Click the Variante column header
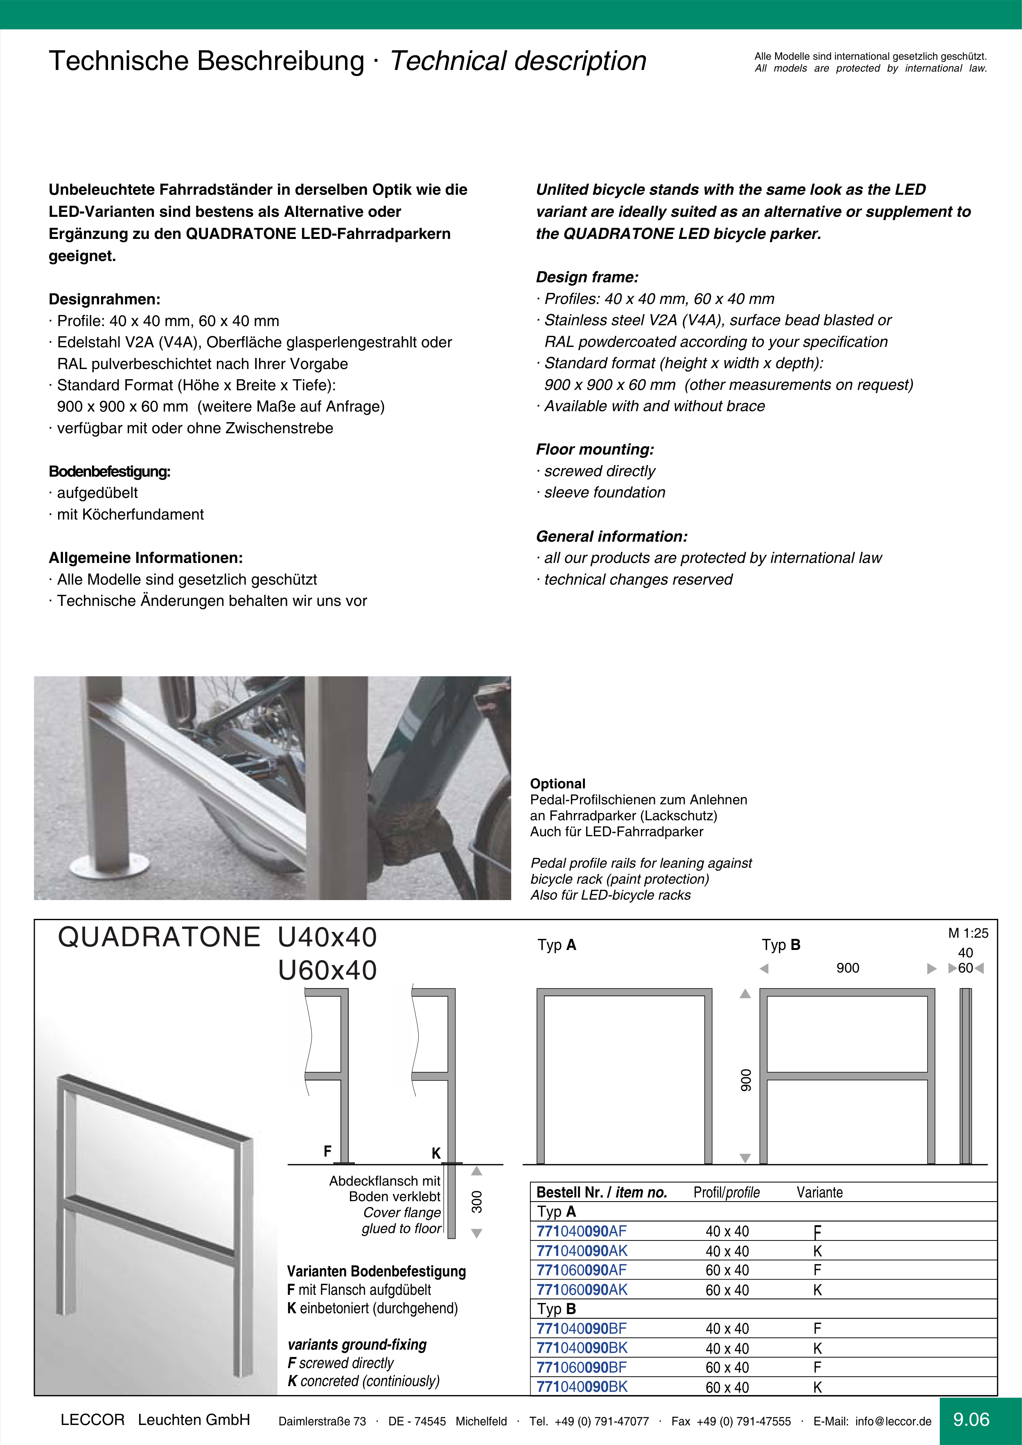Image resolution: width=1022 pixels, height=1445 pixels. [x=819, y=1192]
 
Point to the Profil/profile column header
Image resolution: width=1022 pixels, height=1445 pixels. [x=726, y=1192]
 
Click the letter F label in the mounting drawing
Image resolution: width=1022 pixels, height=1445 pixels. [x=327, y=1151]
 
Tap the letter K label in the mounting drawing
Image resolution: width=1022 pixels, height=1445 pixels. [x=436, y=1153]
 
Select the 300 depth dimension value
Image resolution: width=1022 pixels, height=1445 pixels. [x=477, y=1202]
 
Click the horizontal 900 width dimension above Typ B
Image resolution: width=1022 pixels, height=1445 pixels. [x=848, y=968]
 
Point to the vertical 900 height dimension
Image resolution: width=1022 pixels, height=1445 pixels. [x=746, y=1080]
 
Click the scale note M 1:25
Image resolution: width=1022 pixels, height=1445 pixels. [x=968, y=933]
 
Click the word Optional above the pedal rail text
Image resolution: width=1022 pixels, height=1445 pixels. [x=558, y=783]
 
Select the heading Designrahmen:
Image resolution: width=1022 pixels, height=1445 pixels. [x=104, y=299]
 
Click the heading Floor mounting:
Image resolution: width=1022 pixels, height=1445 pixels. [x=594, y=449]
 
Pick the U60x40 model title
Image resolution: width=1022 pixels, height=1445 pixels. [x=327, y=970]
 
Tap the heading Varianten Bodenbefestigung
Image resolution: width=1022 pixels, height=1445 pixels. [x=376, y=1271]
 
